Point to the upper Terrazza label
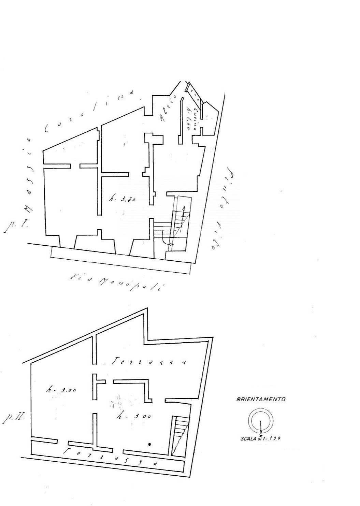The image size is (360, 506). pos(148,361)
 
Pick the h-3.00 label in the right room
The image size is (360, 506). pos(133,416)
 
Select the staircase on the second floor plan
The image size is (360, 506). pos(179,435)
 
